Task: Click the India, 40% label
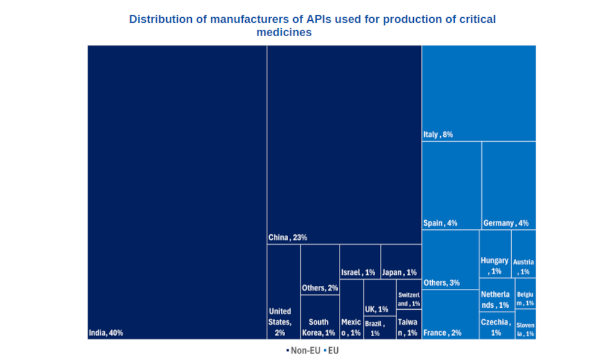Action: pyautogui.click(x=106, y=333)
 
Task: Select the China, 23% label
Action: pyautogui.click(x=287, y=237)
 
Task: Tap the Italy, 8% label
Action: pyautogui.click(x=438, y=134)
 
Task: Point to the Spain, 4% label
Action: pyautogui.click(x=440, y=223)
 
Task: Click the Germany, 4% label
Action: pyautogui.click(x=506, y=223)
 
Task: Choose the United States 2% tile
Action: pyautogui.click(x=283, y=292)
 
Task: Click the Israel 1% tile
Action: pyautogui.click(x=360, y=262)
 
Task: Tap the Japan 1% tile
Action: pyautogui.click(x=401, y=262)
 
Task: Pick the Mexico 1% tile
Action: pyautogui.click(x=351, y=310)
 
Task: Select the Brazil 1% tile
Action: pyautogui.click(x=379, y=328)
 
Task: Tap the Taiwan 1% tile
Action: pyautogui.click(x=409, y=324)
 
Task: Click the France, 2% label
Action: pyautogui.click(x=442, y=333)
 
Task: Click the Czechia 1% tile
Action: pyautogui.click(x=495, y=326)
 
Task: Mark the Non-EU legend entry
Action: pyautogui.click(x=303, y=351)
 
